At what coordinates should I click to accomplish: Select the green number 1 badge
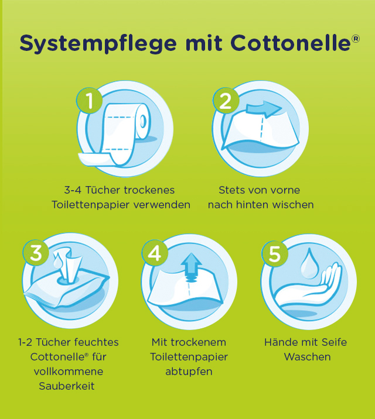[90, 101]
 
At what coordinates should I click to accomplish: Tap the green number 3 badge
[36, 253]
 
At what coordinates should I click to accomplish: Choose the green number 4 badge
[154, 253]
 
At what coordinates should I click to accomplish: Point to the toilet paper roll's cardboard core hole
[142, 121]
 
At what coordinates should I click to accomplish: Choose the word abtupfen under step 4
[189, 372]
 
